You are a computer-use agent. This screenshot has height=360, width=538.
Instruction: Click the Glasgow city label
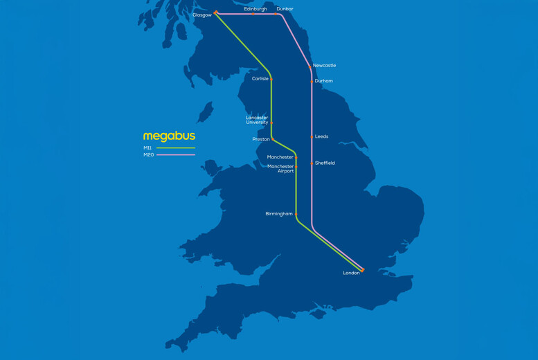201,15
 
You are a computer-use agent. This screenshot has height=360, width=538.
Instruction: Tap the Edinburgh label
255,9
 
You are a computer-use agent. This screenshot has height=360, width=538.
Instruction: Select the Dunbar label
285,9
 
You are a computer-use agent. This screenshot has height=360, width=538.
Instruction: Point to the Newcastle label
324,66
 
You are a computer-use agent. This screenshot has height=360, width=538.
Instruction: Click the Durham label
323,81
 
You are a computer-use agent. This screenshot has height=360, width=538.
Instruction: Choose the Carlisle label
260,79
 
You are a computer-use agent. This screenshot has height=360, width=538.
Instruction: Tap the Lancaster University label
257,120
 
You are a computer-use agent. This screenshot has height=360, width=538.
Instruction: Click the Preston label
261,139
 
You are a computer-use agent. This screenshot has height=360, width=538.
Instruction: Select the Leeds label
321,136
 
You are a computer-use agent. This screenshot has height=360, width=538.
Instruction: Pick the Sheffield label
325,163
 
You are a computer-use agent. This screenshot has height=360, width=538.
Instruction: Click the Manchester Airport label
280,169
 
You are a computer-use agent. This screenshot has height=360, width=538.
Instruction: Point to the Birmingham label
278,214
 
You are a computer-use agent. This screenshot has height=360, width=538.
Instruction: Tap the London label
351,273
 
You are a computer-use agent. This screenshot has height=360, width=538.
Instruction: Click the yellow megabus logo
169,136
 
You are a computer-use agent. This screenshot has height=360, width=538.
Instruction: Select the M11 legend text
147,148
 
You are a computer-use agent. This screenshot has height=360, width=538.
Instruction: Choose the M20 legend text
148,155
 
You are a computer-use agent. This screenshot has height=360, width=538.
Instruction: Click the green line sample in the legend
176,148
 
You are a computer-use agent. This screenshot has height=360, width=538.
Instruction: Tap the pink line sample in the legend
176,155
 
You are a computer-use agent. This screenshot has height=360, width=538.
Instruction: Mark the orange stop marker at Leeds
312,137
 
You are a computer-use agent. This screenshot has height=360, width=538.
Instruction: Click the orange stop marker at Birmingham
296,214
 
